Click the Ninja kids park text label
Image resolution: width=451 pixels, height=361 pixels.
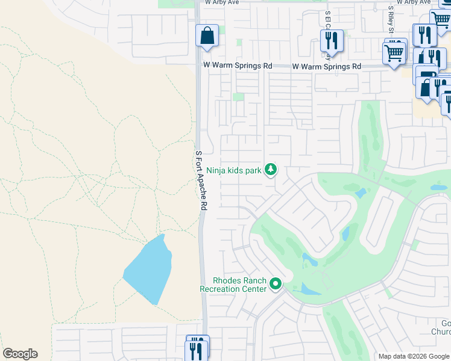coord(234,170)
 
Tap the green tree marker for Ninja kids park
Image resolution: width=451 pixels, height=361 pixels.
coord(271,170)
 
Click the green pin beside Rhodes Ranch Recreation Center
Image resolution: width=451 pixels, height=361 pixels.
coord(276,283)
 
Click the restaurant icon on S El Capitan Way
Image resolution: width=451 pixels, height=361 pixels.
coord(332,40)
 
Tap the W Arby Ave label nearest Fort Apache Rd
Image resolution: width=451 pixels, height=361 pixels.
coord(222,2)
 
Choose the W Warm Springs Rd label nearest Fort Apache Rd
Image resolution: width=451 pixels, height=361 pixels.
coord(238,65)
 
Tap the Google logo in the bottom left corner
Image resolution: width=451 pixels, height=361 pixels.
coord(20,354)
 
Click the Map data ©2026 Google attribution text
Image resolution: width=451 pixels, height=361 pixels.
coord(414,356)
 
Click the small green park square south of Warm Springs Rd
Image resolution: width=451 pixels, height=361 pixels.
coord(239,97)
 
